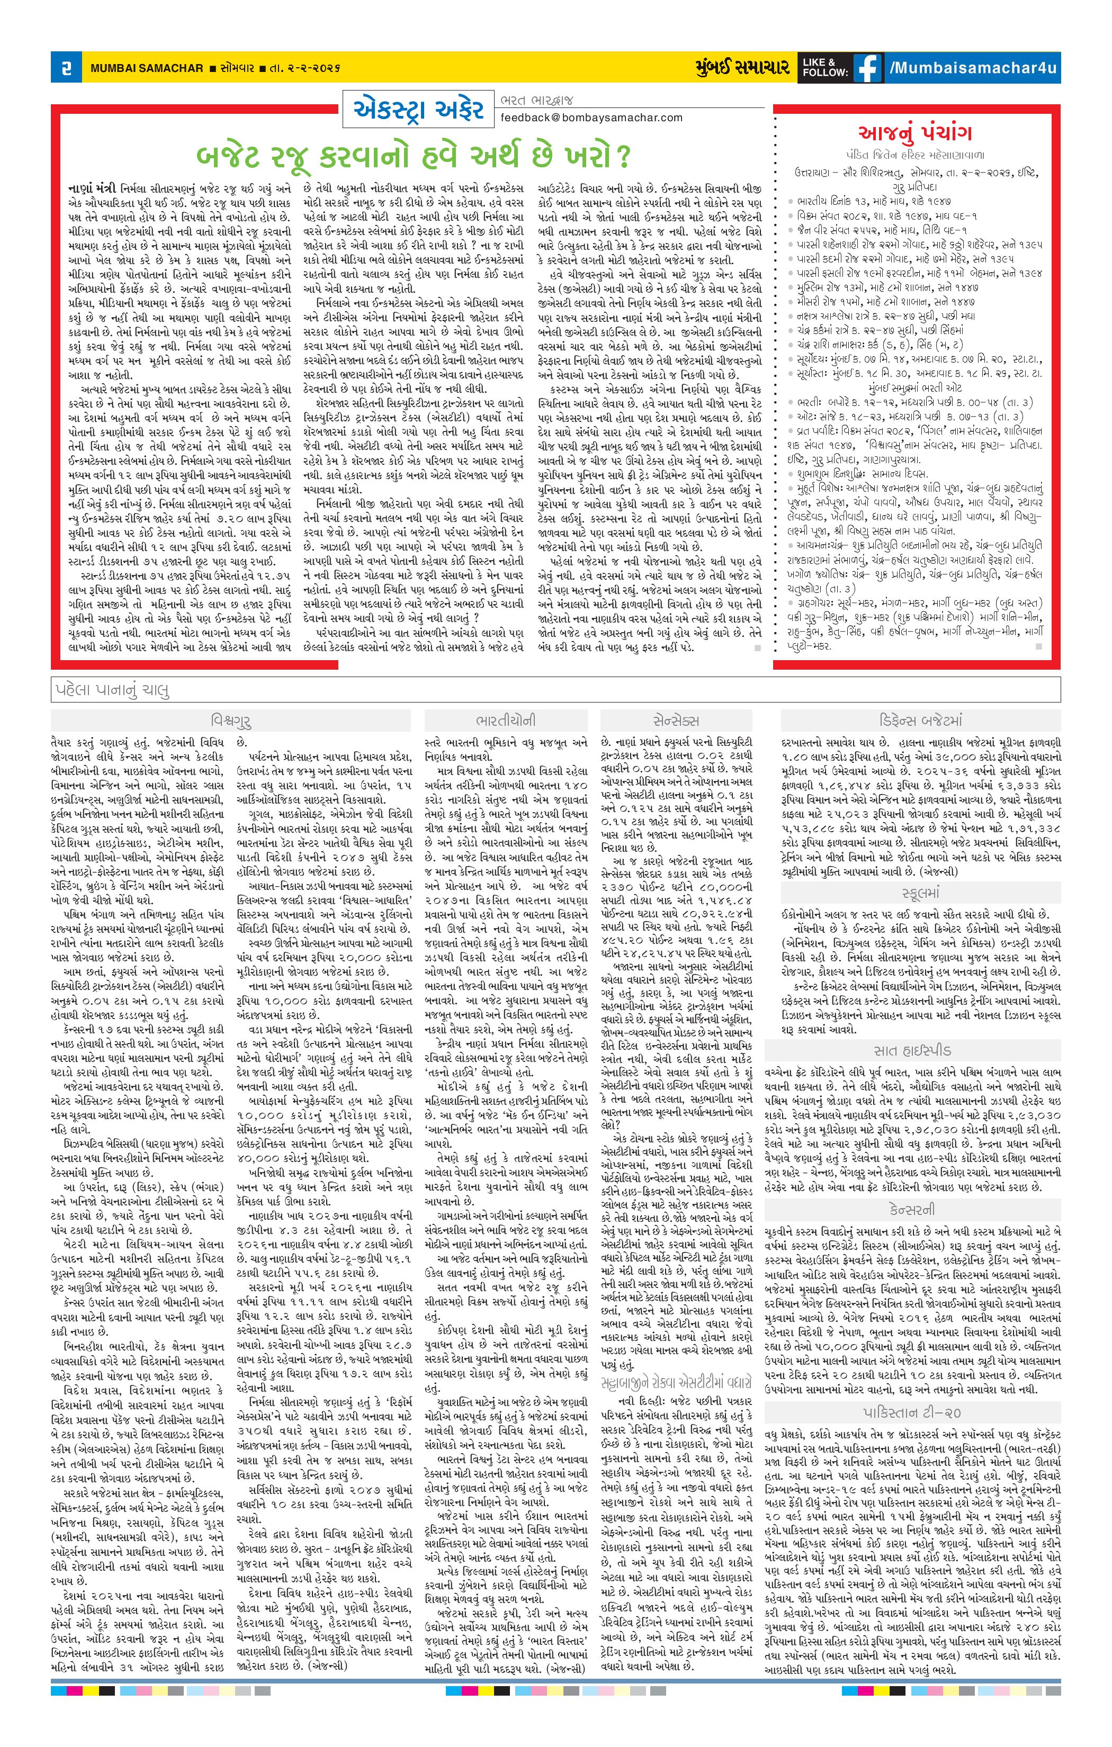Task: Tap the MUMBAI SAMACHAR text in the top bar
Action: [x=147, y=68]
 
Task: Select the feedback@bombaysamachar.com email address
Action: [x=591, y=118]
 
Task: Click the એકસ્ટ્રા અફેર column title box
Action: [x=419, y=110]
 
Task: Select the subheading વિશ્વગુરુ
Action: [x=231, y=721]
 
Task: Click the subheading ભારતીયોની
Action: [x=506, y=721]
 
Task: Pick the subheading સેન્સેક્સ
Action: [x=676, y=721]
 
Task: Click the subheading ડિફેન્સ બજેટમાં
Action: [x=920, y=721]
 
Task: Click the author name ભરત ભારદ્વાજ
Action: [x=536, y=100]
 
